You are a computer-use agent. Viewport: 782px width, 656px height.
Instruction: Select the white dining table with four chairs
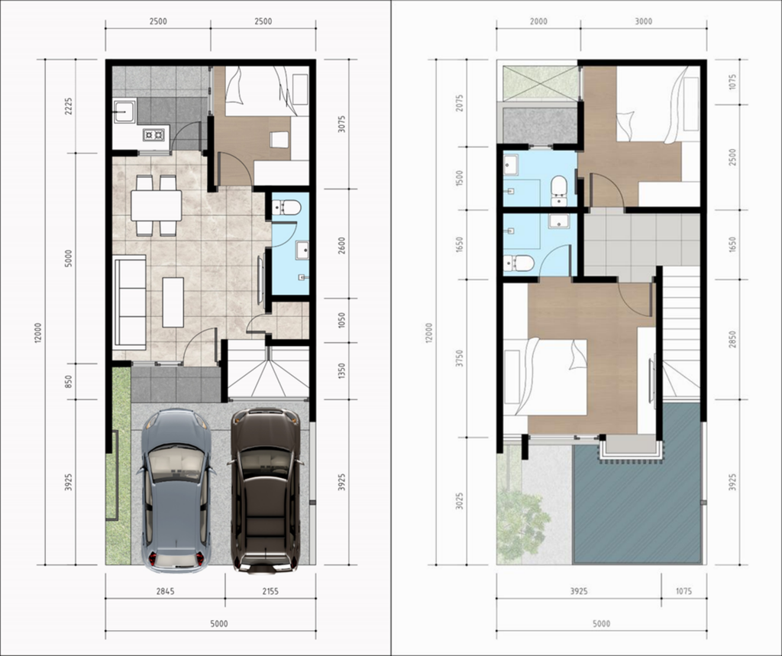pos(156,205)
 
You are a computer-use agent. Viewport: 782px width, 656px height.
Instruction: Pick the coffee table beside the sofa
pos(173,302)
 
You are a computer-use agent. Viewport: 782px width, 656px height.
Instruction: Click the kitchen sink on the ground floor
pos(124,112)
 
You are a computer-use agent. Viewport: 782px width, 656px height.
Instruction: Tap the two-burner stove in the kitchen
pos(154,135)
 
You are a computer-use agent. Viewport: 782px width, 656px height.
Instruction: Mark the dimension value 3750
pos(460,358)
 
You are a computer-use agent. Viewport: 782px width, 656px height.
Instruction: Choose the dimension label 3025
pos(460,500)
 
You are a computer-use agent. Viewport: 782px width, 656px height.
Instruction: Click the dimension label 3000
pos(643,21)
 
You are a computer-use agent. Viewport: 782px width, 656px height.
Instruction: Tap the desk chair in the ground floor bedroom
pos(280,139)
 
